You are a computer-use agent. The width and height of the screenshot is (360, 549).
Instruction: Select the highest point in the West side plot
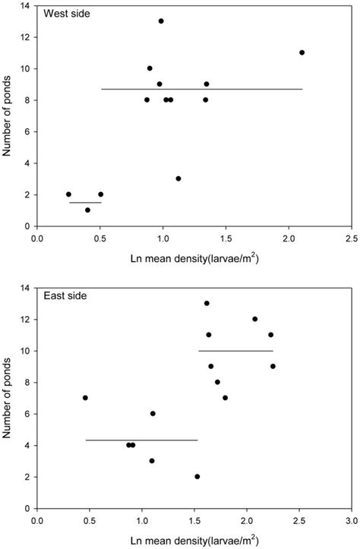tap(161, 21)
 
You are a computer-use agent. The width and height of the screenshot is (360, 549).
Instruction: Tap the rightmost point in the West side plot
tap(302, 52)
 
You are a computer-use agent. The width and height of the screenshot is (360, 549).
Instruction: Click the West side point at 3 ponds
tap(178, 178)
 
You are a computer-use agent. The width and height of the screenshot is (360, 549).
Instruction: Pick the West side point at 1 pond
tap(87, 210)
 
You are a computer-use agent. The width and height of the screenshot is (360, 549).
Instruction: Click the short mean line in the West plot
tap(85, 203)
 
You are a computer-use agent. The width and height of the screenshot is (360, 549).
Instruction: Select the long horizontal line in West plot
tap(201, 89)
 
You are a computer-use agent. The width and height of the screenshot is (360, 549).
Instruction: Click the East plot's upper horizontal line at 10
tap(235, 351)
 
